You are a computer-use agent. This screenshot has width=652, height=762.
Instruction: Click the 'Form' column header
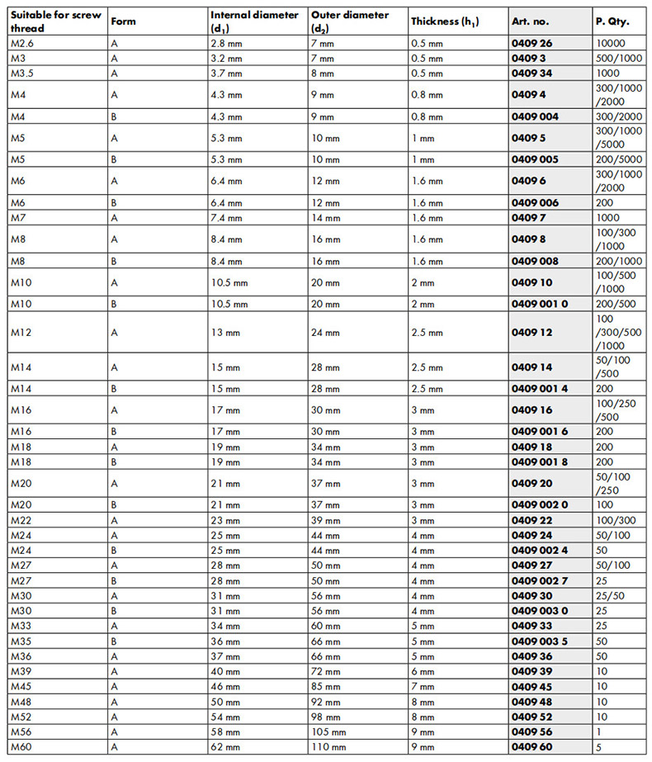pos(123,21)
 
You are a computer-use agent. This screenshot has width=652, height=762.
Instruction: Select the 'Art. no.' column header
pos(530,21)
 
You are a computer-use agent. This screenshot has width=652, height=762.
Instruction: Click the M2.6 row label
pos(24,44)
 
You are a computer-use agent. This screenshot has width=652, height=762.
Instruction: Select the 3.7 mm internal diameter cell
pos(226,73)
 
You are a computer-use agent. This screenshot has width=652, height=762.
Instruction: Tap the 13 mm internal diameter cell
pos(224,332)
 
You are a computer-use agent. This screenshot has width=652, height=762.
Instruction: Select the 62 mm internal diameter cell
pos(224,747)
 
